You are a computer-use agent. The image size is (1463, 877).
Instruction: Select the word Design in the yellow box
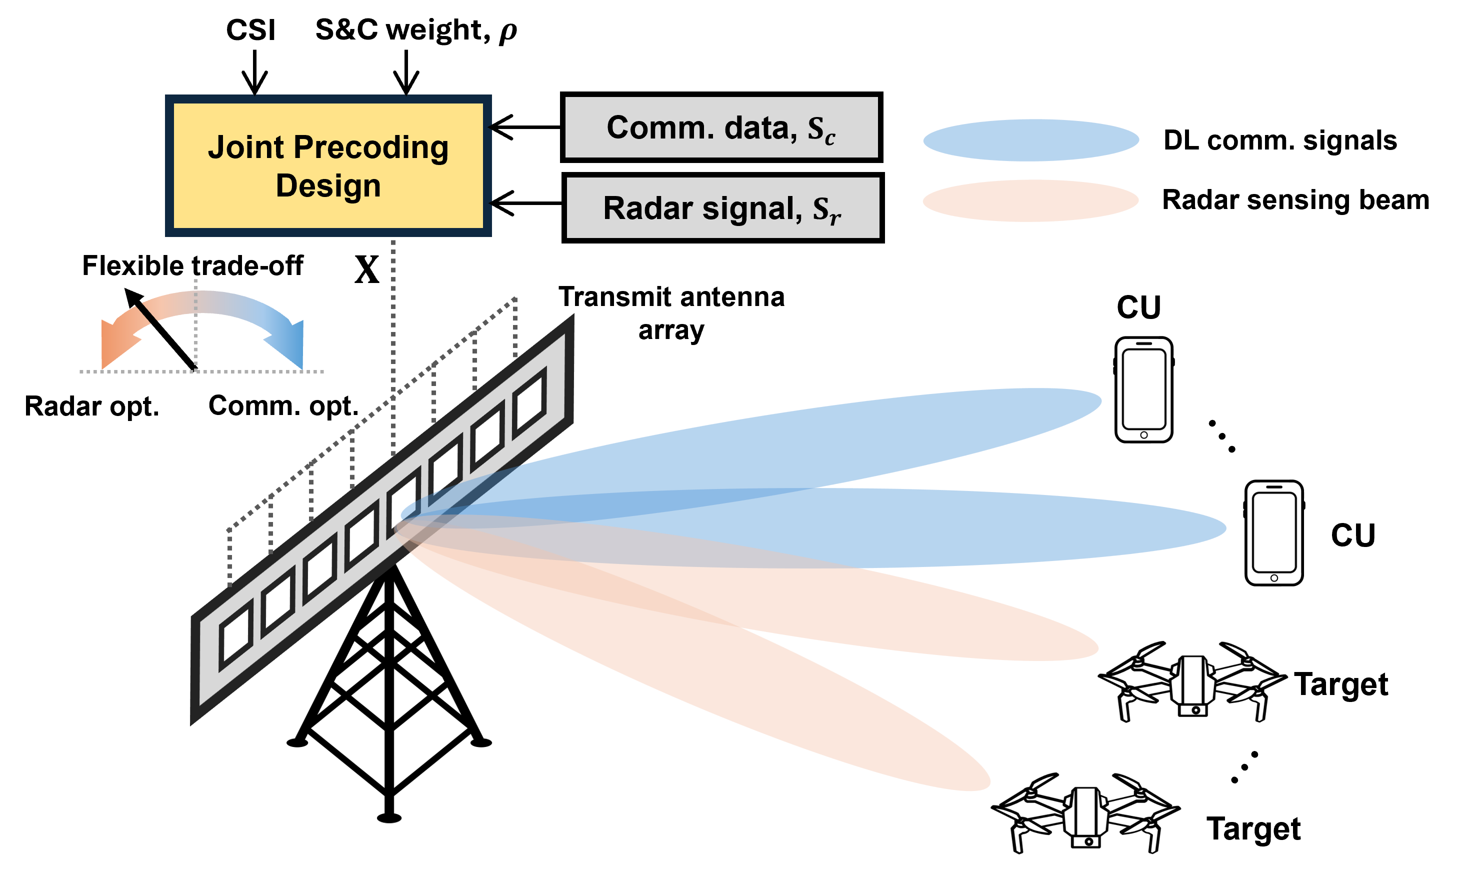(328, 185)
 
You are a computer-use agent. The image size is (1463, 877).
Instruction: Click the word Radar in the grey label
(647, 208)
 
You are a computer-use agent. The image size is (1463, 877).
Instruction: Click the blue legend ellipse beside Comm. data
(1030, 140)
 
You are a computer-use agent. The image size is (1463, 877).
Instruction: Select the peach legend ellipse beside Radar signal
(1030, 201)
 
